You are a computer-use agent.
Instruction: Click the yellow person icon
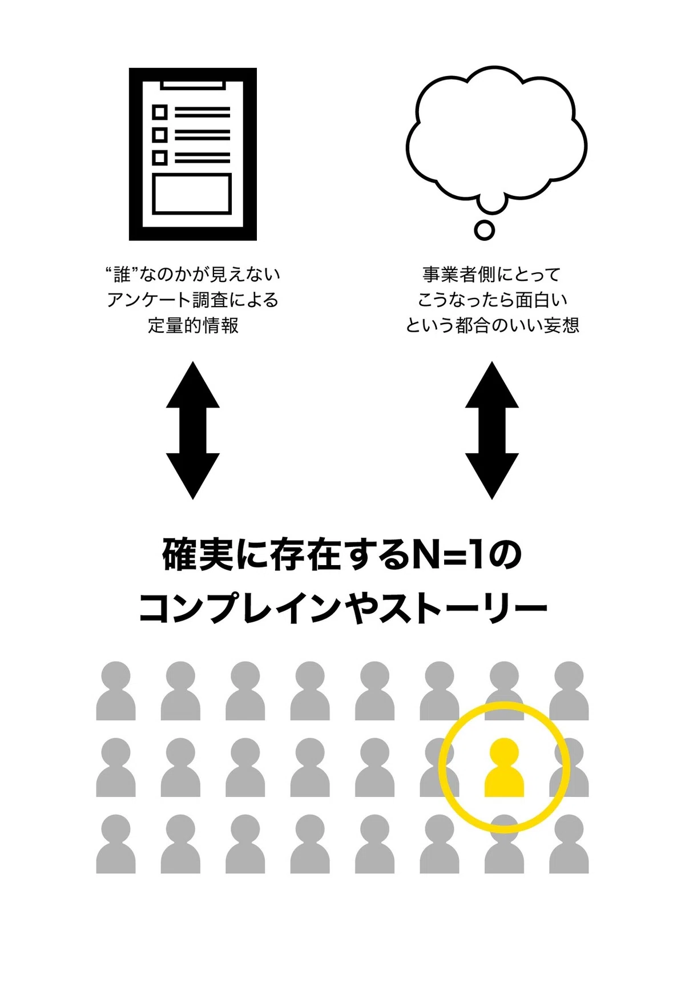click(504, 768)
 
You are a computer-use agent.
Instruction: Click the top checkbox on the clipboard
click(160, 111)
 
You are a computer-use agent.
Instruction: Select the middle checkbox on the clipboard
click(160, 135)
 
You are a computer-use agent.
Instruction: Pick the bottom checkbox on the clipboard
click(160, 158)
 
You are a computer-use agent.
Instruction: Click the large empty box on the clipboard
click(192, 194)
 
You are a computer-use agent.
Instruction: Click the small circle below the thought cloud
click(484, 230)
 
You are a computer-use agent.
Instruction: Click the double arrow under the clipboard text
click(193, 430)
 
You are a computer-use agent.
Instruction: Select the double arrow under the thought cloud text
click(491, 430)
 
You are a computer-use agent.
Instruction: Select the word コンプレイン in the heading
click(240, 608)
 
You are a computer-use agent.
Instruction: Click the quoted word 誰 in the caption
click(122, 275)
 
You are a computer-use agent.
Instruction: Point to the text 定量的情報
click(193, 325)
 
